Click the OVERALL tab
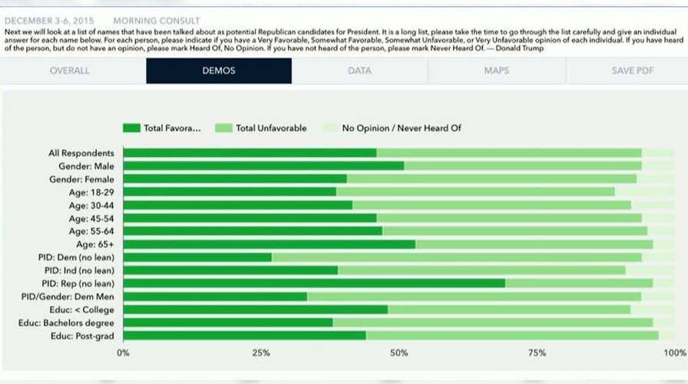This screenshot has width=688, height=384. pyautogui.click(x=70, y=71)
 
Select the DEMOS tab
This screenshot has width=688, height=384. pyautogui.click(x=219, y=71)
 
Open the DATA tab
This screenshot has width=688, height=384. pyautogui.click(x=359, y=71)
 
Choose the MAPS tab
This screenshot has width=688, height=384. pyautogui.click(x=496, y=71)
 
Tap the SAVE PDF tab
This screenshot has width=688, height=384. pyautogui.click(x=633, y=71)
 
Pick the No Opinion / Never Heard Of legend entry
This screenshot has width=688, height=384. pyautogui.click(x=391, y=128)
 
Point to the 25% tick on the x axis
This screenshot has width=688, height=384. pyautogui.click(x=261, y=353)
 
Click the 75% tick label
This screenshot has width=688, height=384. pyautogui.click(x=537, y=353)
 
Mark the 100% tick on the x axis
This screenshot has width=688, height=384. pyautogui.click(x=674, y=353)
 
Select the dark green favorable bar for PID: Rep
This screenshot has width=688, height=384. pyautogui.click(x=314, y=283)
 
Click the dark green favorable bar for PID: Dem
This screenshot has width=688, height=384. pyautogui.click(x=197, y=257)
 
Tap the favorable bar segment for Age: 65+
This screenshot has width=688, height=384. pyautogui.click(x=269, y=244)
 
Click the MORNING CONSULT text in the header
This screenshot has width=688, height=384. pyautogui.click(x=156, y=20)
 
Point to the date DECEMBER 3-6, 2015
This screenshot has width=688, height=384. pyautogui.click(x=48, y=20)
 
